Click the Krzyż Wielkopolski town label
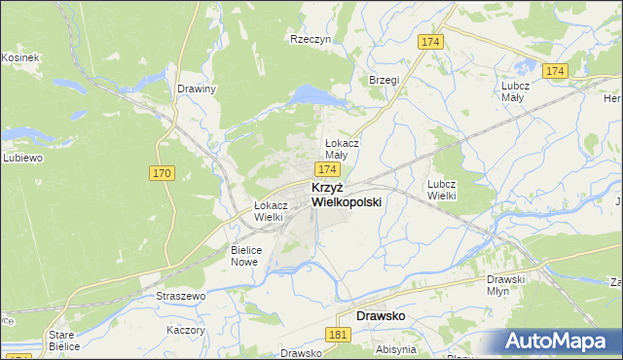tap(346, 195)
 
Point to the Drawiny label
tap(197, 89)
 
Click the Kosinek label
tap(19, 58)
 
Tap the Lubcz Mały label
tap(515, 90)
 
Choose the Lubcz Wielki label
tap(442, 189)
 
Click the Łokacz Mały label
tap(342, 149)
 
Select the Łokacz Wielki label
tap(270, 211)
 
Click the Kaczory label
tap(186, 330)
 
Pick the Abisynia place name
tap(395, 348)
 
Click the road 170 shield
tap(163, 173)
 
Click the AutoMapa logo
tap(559, 341)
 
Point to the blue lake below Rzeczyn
tap(313, 94)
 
